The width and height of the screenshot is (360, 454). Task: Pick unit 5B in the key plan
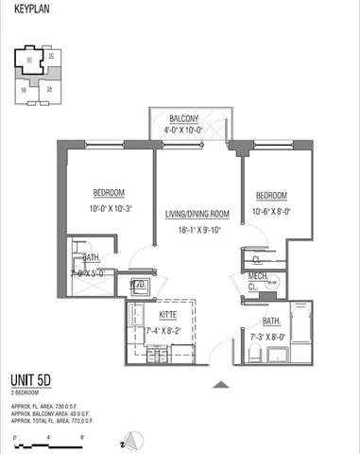coord(24,90)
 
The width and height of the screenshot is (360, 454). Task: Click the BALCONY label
coord(188,120)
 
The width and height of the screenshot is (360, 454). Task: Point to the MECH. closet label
coord(256,276)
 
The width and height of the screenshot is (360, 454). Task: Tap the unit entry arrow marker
coord(221,383)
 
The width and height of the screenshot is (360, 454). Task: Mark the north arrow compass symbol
coord(134,441)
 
